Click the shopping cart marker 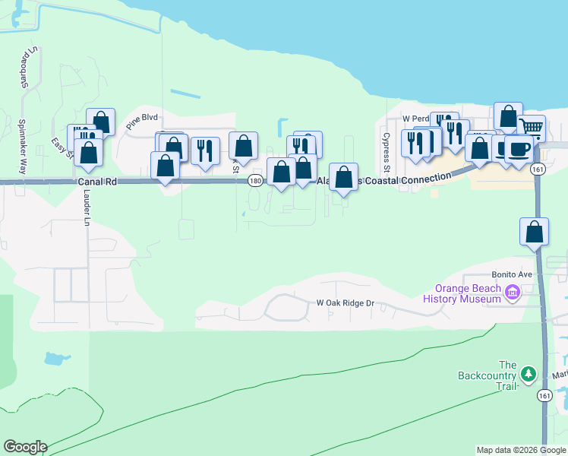pos(532,128)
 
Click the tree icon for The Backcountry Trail pos(528,374)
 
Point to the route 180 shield pos(255,181)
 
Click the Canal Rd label pos(98,182)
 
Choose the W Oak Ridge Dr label pos(346,303)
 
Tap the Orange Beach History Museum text pos(468,293)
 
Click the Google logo pos(25,447)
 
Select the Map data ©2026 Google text pos(521,450)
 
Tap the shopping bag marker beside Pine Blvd pos(100,121)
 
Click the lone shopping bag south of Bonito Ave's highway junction pos(535,231)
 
